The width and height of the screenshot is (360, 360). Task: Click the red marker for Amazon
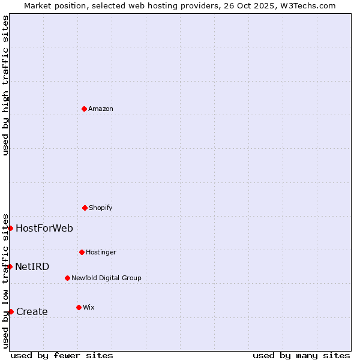coord(85,109)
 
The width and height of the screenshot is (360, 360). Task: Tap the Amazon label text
coord(101,109)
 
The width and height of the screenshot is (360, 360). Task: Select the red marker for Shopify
coord(85,208)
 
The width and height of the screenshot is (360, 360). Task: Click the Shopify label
coord(101,208)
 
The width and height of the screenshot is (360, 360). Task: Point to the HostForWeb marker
coord(10,228)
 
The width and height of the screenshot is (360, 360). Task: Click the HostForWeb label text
coord(44,229)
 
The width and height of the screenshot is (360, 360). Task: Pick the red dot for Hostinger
coord(82,252)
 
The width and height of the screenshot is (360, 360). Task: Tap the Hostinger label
coord(101,253)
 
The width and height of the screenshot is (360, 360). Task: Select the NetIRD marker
coord(10,266)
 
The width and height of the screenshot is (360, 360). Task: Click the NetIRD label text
coord(32,267)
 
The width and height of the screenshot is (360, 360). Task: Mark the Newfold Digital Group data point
coord(67,278)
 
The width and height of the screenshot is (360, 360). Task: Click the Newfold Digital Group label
coord(106,278)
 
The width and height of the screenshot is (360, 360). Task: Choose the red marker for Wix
coord(79,307)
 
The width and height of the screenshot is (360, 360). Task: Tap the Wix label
coord(89,308)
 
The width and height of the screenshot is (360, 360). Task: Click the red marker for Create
coord(11,311)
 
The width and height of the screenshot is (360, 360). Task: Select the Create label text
coord(32,312)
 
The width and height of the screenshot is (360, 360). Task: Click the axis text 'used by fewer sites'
coord(62,356)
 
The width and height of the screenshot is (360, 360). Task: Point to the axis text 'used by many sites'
coord(301,356)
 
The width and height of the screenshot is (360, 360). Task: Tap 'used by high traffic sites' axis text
coord(6,85)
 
